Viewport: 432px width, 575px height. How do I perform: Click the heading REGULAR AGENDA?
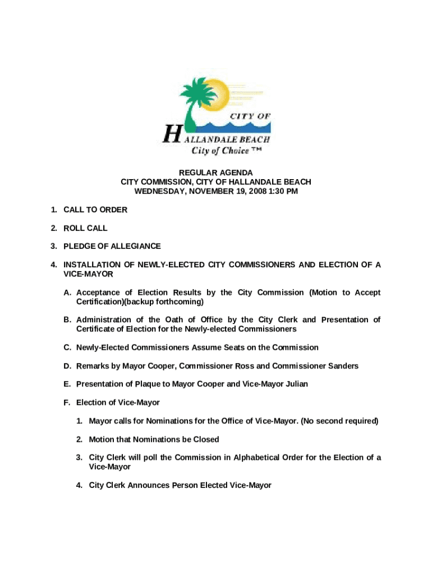tap(215, 172)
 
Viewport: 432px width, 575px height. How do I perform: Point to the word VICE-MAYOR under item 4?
tap(88, 274)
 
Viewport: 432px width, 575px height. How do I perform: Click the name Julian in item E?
tap(295, 385)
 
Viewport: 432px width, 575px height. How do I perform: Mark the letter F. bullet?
tap(67, 403)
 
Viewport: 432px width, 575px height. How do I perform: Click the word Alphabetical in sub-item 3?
tap(254, 458)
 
